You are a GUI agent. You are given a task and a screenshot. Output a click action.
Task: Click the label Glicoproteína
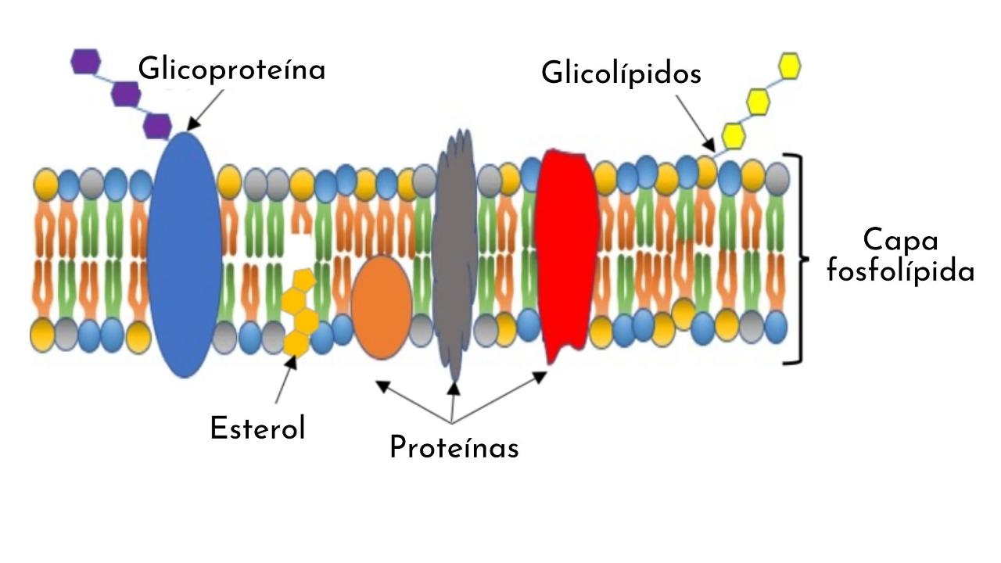231,70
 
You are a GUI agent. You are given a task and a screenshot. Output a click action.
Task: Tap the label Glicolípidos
621,74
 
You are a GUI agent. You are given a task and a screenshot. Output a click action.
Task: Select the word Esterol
257,429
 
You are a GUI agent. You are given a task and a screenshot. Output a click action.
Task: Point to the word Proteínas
454,448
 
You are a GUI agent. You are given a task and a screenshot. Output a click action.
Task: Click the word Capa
900,241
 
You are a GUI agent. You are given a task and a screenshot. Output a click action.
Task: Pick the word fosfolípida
901,271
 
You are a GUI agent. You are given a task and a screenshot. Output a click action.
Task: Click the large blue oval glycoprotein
184,254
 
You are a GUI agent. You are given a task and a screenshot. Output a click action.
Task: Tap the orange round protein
381,307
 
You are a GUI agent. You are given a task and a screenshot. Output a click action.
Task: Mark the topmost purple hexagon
86,62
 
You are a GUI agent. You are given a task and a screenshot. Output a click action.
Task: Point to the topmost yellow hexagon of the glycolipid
788,66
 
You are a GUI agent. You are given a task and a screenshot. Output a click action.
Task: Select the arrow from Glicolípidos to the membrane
693,122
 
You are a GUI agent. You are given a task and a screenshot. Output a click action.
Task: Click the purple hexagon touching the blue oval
156,125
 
